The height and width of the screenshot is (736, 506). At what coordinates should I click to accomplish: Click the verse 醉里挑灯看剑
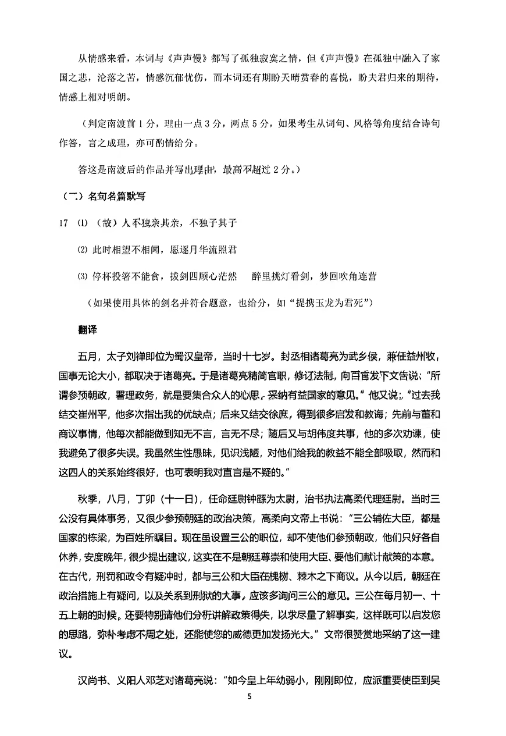[x=282, y=276]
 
